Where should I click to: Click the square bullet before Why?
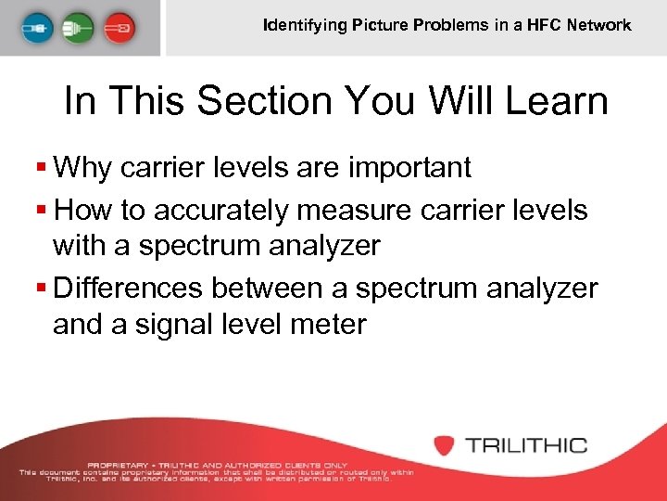40,168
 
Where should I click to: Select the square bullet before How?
40,211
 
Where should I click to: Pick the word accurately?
221,211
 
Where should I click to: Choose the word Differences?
129,289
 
